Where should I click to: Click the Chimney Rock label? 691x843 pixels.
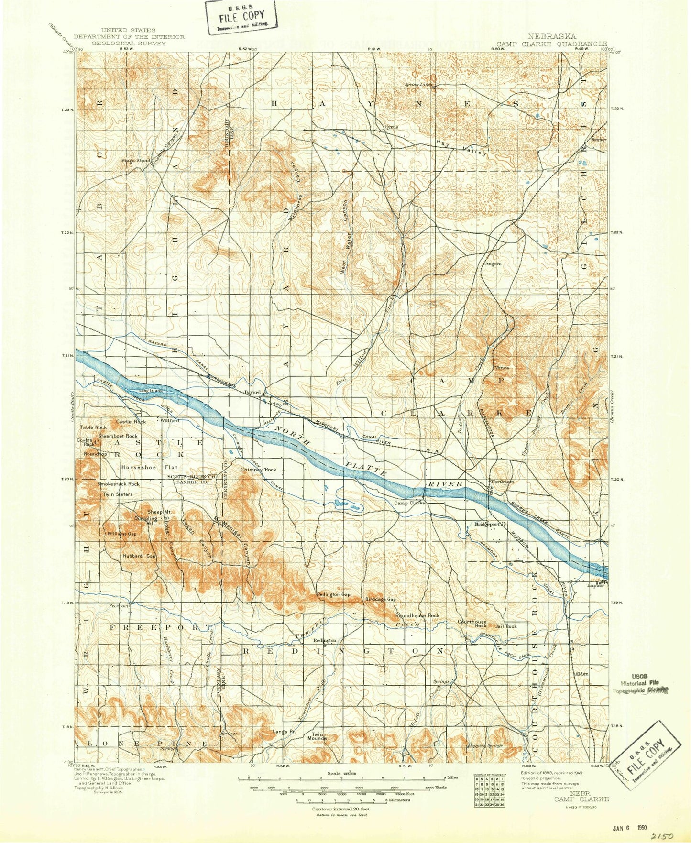pos(258,470)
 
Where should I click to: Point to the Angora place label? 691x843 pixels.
pos(493,263)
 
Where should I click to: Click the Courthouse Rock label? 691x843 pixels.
pos(472,624)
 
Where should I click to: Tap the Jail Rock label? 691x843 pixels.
pos(506,626)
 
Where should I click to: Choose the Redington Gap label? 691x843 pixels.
pos(333,594)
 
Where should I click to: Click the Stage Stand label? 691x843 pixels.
pos(135,160)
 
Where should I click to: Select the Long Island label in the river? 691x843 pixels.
pos(151,391)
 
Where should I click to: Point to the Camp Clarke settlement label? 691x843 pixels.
pos(409,503)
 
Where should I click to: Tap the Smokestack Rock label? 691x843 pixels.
pos(119,484)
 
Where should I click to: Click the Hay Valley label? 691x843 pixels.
pos(462,148)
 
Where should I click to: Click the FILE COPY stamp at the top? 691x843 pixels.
pos(241,17)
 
